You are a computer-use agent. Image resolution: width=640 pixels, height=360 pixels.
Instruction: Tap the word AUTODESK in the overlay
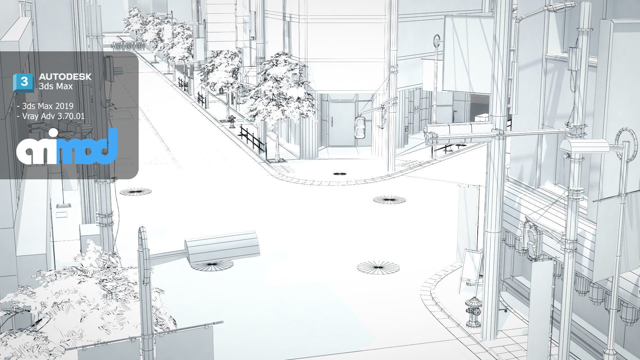pos(65,77)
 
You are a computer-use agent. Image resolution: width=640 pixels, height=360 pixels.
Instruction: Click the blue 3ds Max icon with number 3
pos(24,82)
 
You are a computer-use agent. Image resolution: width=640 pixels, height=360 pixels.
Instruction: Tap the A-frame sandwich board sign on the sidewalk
pos(471,267)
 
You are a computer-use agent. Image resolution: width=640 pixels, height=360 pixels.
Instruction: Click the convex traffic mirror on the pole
pos(360,127)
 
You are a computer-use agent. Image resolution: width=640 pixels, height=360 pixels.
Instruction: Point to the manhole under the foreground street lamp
pos(212,265)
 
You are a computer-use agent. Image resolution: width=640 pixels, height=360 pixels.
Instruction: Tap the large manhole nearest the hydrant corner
pos(378,267)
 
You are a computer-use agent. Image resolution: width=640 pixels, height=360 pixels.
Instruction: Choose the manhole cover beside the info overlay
pos(135,192)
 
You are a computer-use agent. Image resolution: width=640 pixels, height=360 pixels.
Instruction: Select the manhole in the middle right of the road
pos(389,200)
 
